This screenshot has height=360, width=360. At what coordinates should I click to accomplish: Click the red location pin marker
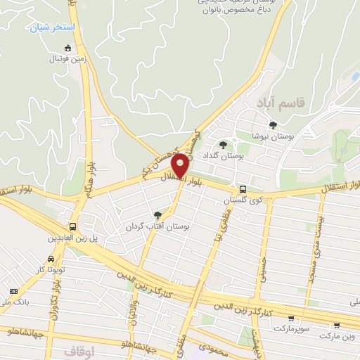coord(181,165)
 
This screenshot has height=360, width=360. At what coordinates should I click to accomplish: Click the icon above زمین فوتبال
coord(67,48)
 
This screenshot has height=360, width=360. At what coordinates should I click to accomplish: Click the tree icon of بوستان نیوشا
coord(274,124)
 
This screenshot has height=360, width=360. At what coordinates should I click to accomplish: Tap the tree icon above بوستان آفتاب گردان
coord(157,215)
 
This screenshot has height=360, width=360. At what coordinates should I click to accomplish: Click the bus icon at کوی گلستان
coord(243,189)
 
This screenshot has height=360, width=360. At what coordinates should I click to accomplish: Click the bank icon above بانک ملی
coord(13,291)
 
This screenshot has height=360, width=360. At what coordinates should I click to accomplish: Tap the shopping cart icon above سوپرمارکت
coord(291,318)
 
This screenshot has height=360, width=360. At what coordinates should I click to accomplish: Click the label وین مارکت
coord(339,336)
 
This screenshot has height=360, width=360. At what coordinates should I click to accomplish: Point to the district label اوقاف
coord(79,349)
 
